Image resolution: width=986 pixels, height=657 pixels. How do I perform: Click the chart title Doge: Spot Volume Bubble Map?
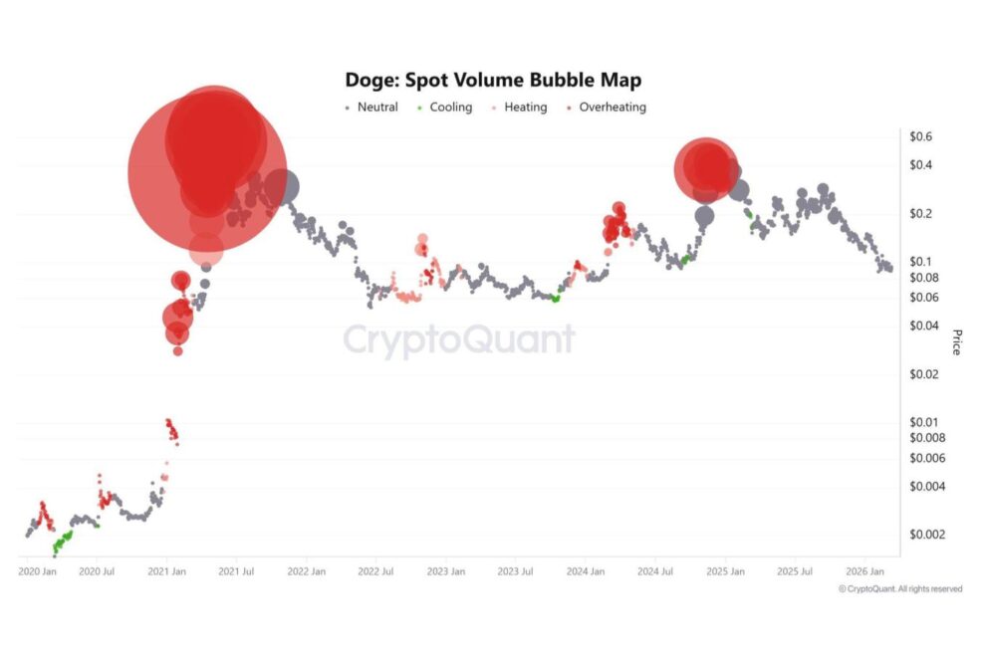coord(493,80)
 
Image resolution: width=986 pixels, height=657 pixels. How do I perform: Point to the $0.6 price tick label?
coord(921,136)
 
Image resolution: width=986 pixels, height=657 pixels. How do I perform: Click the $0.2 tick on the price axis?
coord(921,214)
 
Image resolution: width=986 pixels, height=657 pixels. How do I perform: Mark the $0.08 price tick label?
coord(925,278)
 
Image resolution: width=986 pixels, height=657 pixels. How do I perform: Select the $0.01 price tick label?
coord(925,422)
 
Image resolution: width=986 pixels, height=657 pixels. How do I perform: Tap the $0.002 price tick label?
coord(928,535)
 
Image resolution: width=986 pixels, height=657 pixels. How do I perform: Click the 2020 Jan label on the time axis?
coord(37,572)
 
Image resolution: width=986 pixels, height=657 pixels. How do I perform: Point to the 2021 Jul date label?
coord(236,572)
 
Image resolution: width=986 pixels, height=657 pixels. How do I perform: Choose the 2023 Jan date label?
coord(445,572)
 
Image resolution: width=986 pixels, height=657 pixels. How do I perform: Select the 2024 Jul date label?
coord(655,572)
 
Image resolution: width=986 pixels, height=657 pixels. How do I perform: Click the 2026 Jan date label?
coord(863,572)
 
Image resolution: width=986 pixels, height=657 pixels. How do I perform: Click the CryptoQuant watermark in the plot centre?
coord(459,339)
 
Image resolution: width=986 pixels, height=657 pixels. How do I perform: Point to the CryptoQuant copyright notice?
coord(900,589)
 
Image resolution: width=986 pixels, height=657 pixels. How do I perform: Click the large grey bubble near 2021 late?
coord(283,185)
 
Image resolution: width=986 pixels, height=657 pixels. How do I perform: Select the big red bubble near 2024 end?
coord(706,169)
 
